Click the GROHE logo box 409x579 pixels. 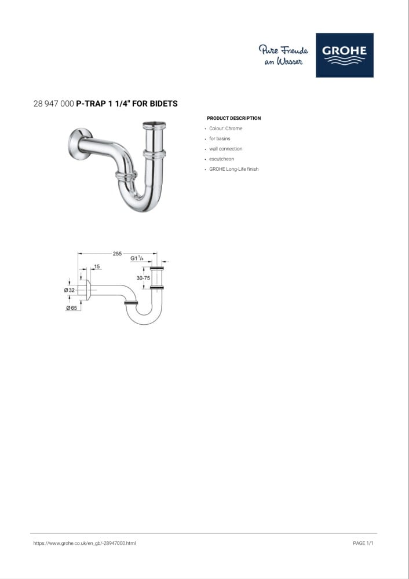click(x=344, y=55)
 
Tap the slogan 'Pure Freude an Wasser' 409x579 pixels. click(x=283, y=55)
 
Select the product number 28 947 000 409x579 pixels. click(x=53, y=104)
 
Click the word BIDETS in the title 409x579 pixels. click(x=164, y=104)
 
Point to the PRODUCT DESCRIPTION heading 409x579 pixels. click(x=234, y=118)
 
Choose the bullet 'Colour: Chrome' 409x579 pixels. click(x=226, y=129)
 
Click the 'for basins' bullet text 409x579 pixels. click(x=220, y=138)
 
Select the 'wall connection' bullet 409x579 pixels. click(x=226, y=149)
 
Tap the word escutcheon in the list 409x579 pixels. click(x=222, y=159)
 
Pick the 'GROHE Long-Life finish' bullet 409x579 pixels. click(x=234, y=169)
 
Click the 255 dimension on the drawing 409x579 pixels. click(x=117, y=254)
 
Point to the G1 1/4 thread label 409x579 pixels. click(x=137, y=258)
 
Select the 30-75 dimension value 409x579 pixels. click(x=143, y=278)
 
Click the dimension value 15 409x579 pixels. click(x=97, y=266)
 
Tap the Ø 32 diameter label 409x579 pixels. click(x=70, y=290)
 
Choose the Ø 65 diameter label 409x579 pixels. click(x=72, y=308)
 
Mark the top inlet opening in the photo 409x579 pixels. click(x=155, y=124)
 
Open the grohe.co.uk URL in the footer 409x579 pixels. click(x=85, y=543)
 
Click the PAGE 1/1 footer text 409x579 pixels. click(x=363, y=543)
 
